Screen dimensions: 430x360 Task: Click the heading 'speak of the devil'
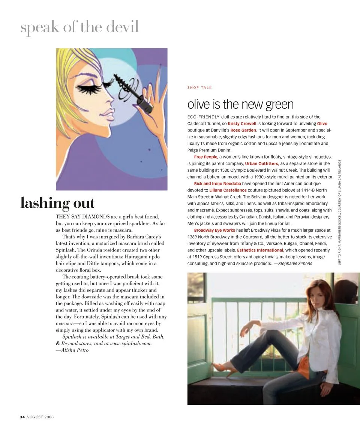point(79,27)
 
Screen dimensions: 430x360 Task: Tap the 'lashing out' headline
point(57,203)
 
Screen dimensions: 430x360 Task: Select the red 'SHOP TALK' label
point(199,88)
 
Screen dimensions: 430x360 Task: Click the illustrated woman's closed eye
point(90,87)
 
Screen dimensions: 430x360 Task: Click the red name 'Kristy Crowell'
point(242,123)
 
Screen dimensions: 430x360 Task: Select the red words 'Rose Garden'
point(243,130)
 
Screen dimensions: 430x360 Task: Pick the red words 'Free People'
point(205,157)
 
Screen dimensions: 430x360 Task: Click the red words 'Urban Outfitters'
point(261,163)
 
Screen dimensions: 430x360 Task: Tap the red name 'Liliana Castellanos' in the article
point(228,190)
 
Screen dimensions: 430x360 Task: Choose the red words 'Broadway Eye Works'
point(214,230)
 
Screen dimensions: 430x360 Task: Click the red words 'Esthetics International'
point(260,250)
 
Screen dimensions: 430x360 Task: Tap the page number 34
point(22,417)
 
